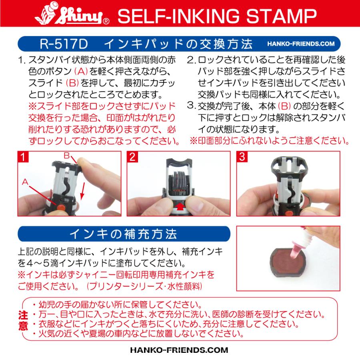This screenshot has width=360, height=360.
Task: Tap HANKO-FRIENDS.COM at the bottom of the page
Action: pyautogui.click(x=180, y=349)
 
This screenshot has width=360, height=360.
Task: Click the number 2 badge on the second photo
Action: pyautogui.click(x=132, y=157)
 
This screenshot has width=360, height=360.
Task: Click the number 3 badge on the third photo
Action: pyautogui.click(x=241, y=157)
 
